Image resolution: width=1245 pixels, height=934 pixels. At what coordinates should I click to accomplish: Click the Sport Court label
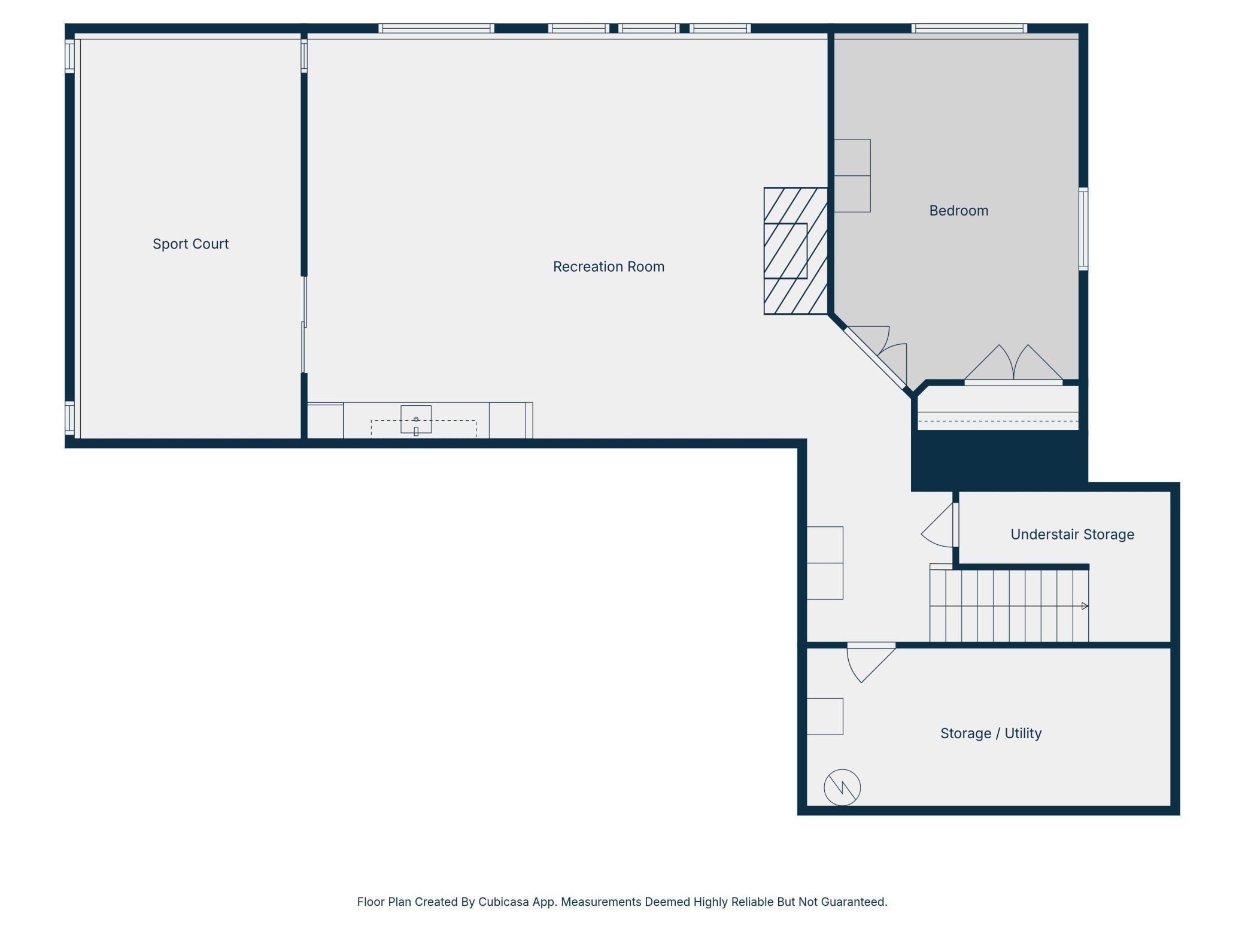[x=190, y=244]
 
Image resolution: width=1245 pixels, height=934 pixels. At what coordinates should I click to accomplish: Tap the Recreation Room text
[x=609, y=266]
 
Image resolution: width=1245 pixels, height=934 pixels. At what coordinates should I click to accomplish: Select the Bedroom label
[x=958, y=210]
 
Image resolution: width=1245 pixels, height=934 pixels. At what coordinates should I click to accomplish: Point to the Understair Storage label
[x=1072, y=534]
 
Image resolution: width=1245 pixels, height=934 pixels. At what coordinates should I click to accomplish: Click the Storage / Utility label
[x=991, y=733]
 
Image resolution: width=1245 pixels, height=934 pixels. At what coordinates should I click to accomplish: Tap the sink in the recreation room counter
[x=416, y=419]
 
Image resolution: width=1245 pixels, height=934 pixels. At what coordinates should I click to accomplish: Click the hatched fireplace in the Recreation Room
[x=795, y=251]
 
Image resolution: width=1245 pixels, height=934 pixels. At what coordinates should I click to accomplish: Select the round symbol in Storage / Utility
[x=842, y=787]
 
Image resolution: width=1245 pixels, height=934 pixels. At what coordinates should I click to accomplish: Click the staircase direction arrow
[x=1085, y=606]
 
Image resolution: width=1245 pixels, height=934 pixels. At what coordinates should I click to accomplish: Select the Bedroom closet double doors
[x=1013, y=364]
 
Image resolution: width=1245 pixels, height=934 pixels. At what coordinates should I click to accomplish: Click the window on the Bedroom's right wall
[x=1083, y=229]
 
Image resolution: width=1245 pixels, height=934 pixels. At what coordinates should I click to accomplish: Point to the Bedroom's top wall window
[x=969, y=28]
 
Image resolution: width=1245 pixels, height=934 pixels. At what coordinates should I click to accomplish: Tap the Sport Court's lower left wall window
[x=69, y=418]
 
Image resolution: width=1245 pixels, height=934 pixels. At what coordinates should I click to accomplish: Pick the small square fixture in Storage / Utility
[x=825, y=716]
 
